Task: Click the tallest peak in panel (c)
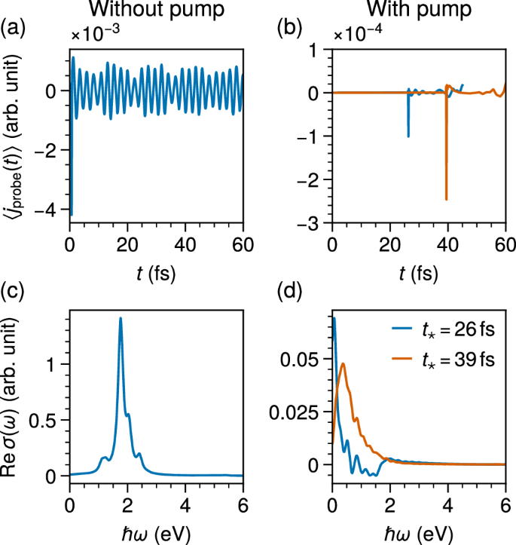coord(121,319)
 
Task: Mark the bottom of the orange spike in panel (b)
coord(447,199)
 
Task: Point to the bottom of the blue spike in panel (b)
coord(408,136)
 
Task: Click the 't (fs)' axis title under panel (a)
coord(158,273)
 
